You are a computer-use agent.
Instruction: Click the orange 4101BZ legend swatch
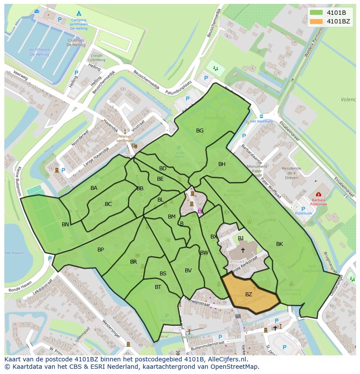click(317, 21)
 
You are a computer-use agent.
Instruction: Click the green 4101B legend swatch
click(317, 13)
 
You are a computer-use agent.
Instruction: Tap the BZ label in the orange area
click(249, 295)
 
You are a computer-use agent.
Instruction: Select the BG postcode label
click(200, 130)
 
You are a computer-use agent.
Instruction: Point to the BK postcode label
click(280, 244)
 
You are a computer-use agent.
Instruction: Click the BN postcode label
click(65, 225)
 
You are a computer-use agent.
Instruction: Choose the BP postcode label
click(100, 250)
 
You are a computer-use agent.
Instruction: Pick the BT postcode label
click(158, 287)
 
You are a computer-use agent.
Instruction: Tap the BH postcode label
click(222, 164)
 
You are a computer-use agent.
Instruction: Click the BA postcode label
click(94, 188)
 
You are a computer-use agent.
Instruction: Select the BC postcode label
click(108, 204)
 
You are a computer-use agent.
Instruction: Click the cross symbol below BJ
click(243, 250)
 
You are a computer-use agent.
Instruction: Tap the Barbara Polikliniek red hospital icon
click(319, 194)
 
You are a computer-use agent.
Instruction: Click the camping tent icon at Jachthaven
click(79, 13)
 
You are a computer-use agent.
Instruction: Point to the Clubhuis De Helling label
click(76, 42)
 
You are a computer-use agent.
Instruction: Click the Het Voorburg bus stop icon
click(261, 116)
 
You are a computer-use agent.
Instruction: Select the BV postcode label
click(188, 271)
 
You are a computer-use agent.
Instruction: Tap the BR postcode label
click(133, 262)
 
